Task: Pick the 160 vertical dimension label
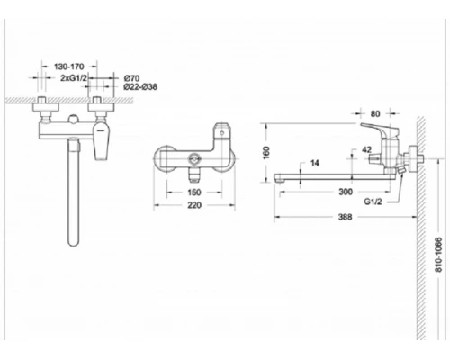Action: point(267,153)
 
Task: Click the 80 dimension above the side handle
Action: point(375,114)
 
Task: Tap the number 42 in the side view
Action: point(366,152)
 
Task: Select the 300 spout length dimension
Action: point(345,192)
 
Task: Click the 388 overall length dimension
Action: point(345,217)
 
